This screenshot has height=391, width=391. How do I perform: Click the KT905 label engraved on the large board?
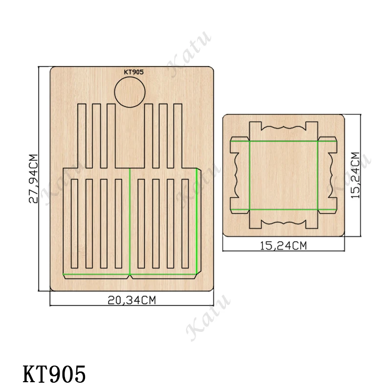(133, 72)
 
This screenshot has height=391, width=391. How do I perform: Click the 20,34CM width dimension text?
(131, 301)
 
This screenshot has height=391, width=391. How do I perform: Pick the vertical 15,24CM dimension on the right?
(355, 175)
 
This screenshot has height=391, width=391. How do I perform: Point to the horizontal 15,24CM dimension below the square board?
(283, 247)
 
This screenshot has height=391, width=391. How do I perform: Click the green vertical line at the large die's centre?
(130, 220)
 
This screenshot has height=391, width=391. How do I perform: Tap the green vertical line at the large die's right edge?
(197, 220)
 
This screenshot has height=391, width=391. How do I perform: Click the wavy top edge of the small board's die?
(283, 128)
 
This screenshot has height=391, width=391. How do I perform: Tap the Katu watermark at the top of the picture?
(188, 54)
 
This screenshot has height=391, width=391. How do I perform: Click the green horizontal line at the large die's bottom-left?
(96, 274)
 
